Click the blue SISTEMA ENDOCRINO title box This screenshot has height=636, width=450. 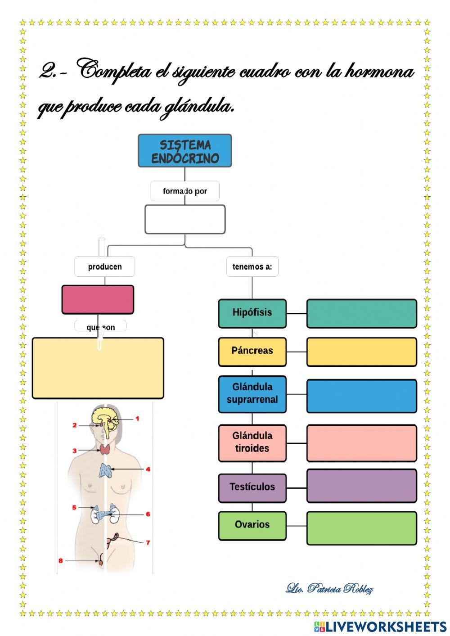tap(184, 151)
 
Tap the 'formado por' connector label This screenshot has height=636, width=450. tap(185, 191)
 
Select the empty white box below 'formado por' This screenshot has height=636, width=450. tap(185, 219)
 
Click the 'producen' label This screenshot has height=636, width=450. tap(105, 266)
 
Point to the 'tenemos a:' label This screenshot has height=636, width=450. tap(252, 266)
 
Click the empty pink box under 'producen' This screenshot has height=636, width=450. tap(98, 299)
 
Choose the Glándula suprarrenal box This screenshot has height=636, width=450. tap(252, 394)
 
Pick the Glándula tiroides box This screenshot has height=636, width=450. tap(252, 443)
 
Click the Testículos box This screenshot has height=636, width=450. tap(252, 487)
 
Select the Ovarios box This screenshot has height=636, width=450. tap(252, 525)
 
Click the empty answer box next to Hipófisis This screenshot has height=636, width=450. tap(361, 313)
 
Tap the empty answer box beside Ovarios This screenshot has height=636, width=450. tap(361, 528)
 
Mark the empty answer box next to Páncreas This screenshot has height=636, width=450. tap(361, 352)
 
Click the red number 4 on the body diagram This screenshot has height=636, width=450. tap(148, 469)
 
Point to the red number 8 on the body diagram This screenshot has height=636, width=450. tap(61, 560)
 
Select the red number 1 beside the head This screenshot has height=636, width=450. tap(137, 419)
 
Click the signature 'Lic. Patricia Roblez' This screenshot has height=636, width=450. tap(329, 588)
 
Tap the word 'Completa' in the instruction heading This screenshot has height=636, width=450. tap(115, 71)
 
